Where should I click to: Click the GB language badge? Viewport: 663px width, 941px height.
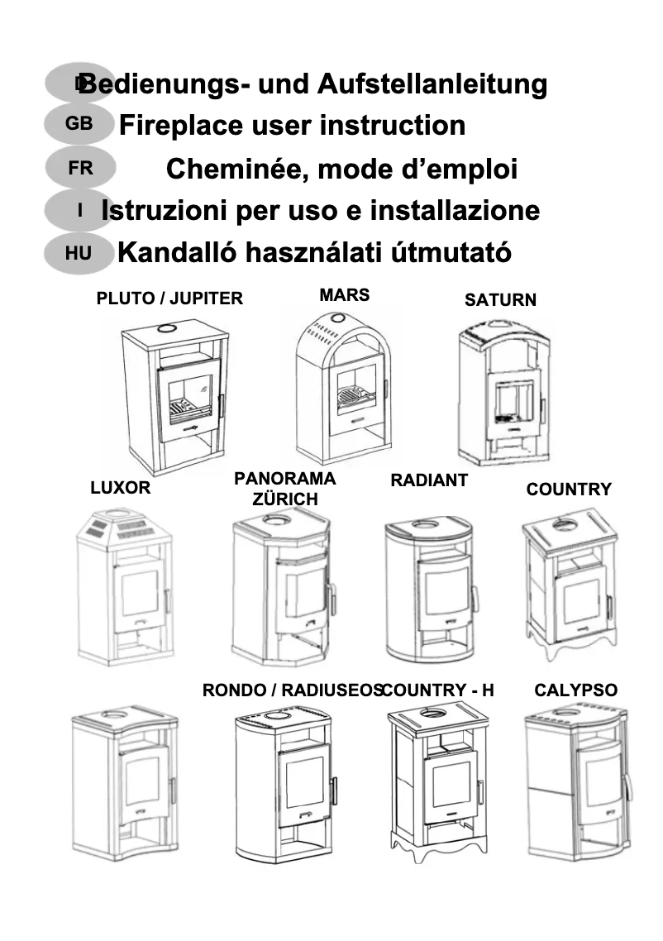click(79, 125)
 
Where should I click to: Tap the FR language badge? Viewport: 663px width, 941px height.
click(80, 168)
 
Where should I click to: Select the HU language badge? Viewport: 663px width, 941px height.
click(79, 253)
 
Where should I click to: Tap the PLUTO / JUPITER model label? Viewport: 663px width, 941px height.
click(169, 299)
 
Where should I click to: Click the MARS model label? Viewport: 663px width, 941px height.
click(344, 295)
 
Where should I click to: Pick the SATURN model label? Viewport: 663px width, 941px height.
click(500, 300)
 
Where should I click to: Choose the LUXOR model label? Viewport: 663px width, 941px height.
click(121, 488)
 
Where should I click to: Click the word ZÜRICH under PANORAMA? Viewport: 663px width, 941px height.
click(285, 499)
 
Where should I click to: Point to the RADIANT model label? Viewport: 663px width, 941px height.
click(428, 480)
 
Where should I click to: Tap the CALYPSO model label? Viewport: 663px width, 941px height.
click(575, 690)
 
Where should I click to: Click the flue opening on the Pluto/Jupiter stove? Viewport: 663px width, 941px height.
click(167, 328)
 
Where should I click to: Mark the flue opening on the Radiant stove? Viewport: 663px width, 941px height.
click(426, 524)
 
